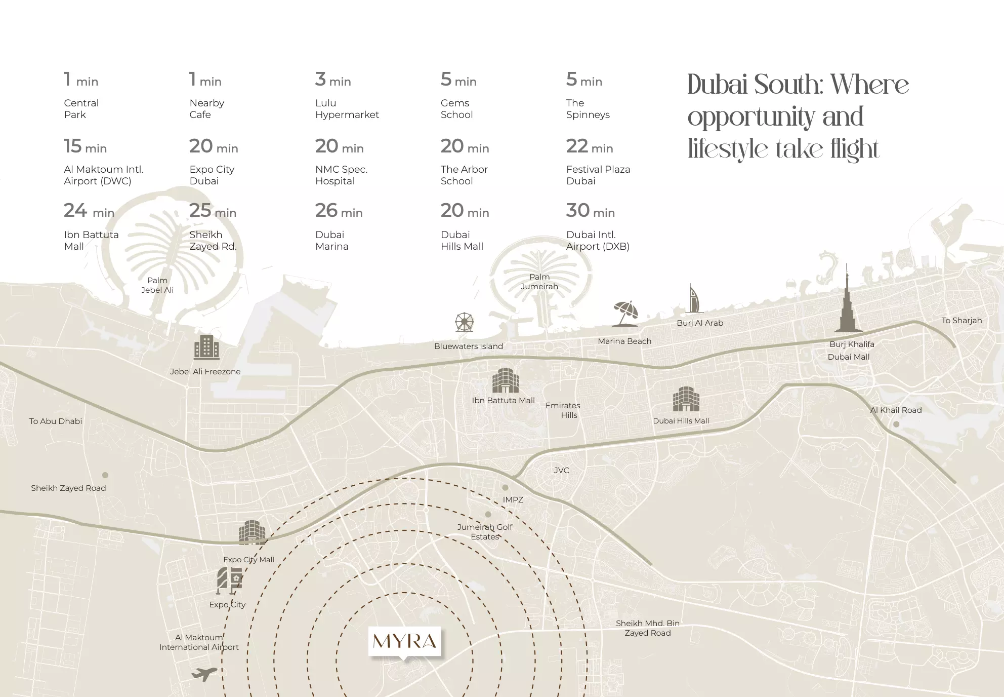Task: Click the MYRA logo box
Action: point(404,641)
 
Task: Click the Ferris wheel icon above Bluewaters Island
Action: point(464,322)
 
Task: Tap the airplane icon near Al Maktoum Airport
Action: point(204,674)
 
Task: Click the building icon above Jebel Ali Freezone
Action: point(206,347)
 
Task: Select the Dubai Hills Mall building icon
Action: point(686,399)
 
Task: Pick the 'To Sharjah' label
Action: point(961,320)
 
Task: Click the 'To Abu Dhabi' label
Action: point(56,421)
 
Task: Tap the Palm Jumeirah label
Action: point(539,282)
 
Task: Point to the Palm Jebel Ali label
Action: point(157,285)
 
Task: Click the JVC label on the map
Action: point(561,470)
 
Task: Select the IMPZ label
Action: point(513,499)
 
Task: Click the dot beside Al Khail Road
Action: point(896,424)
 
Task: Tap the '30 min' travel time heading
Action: point(590,211)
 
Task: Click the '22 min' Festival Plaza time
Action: point(590,147)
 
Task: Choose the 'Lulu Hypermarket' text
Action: point(347,109)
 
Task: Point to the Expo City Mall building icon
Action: point(252,532)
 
